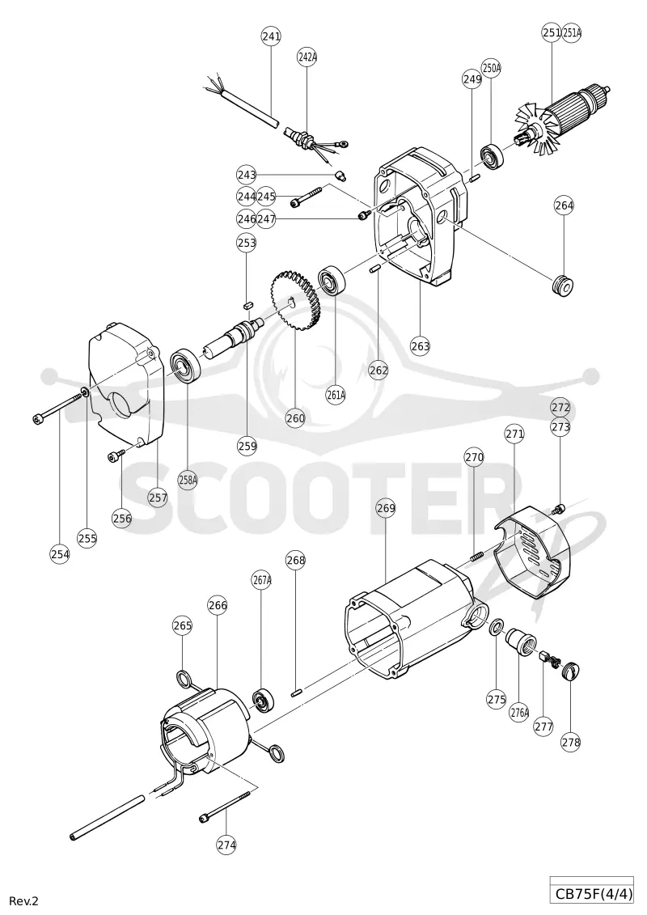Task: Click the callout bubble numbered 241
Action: tap(271, 36)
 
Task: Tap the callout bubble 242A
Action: tap(307, 57)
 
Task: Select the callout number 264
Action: tap(565, 205)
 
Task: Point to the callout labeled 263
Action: tap(420, 345)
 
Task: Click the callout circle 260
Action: tap(296, 417)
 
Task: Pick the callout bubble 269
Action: tap(386, 508)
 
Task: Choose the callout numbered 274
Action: tap(226, 844)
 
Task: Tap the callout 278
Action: tap(571, 742)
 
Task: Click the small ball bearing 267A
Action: tap(263, 700)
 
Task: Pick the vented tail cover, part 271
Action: tap(531, 553)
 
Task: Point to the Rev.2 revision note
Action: tap(23, 901)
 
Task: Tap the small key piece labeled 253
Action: tap(247, 304)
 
